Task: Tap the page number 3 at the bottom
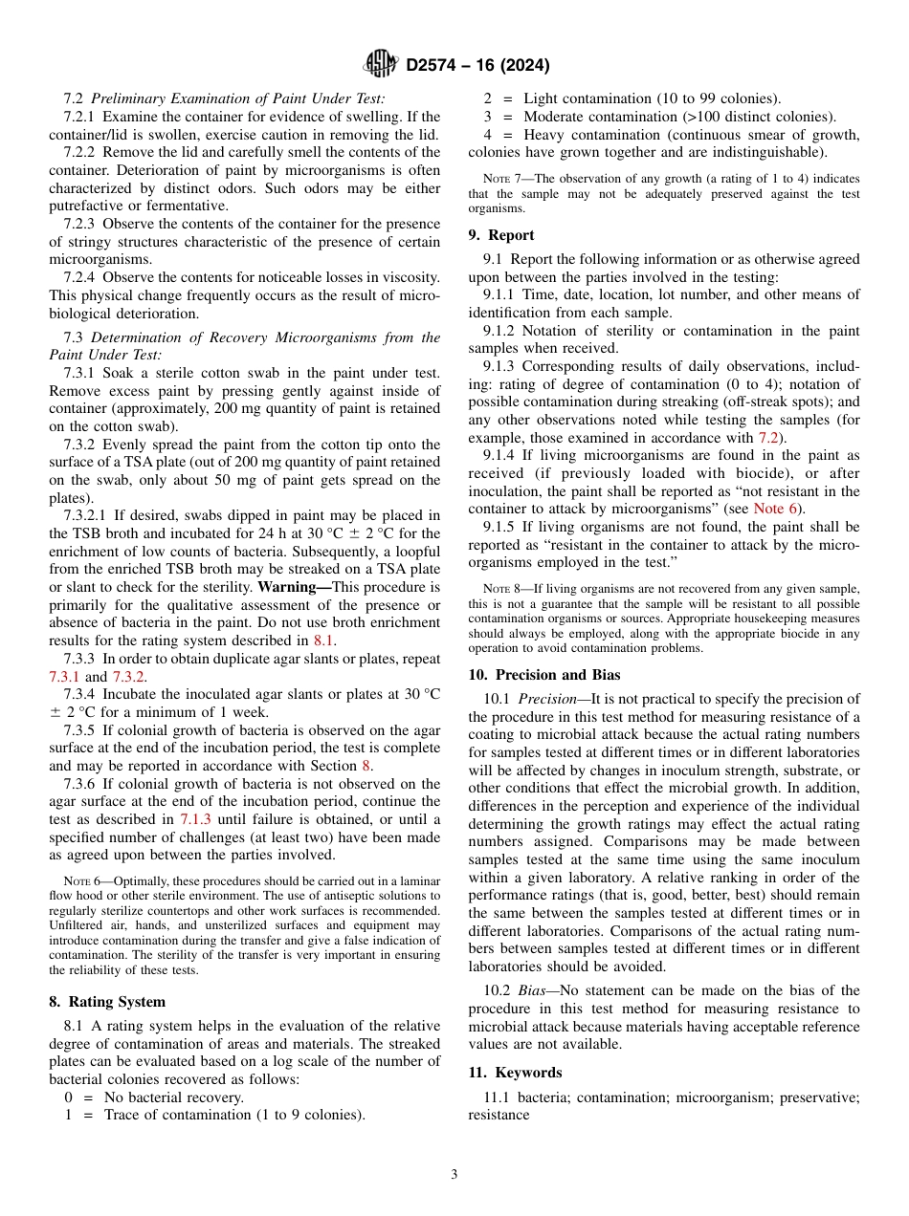coord(454,1174)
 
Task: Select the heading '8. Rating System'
coord(107,1002)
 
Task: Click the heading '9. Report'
coord(501,235)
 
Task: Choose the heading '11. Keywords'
coord(515,1073)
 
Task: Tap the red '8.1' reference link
coord(324,641)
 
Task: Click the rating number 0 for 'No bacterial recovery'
coord(68,1097)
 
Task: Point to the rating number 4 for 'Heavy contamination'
coord(487,135)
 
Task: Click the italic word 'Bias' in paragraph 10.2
coord(533,990)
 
